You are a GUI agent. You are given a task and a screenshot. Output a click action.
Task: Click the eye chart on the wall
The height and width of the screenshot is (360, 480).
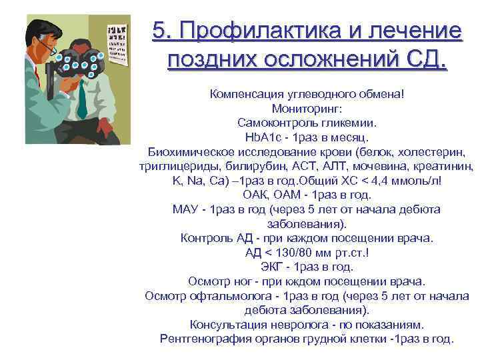(x=116, y=40)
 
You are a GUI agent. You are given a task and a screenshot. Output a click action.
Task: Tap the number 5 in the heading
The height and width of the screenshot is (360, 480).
(x=159, y=31)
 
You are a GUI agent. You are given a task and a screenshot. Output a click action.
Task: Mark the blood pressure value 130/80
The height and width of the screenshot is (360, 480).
(x=287, y=252)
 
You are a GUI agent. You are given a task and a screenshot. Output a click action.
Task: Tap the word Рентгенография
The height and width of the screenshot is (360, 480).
(x=203, y=339)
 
